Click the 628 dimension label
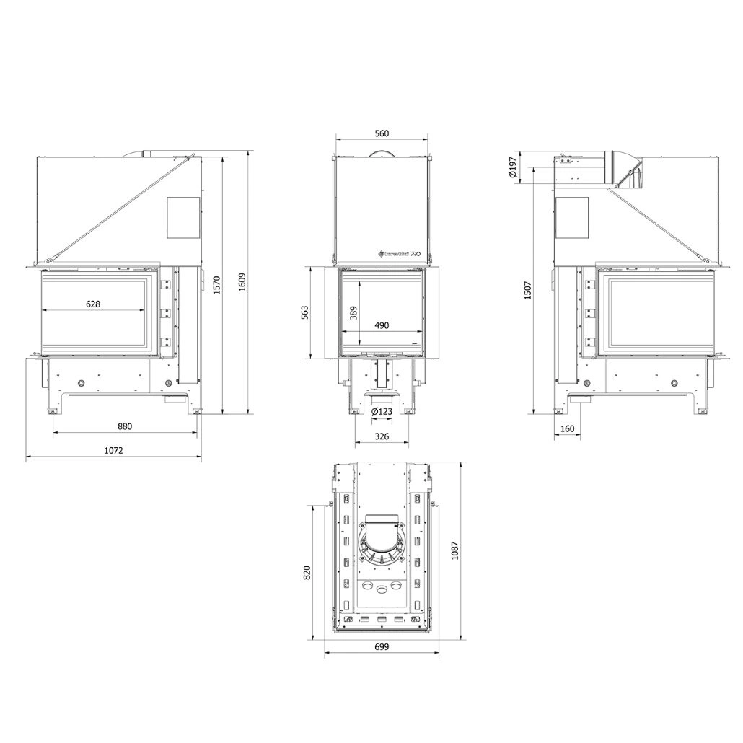tap(93, 304)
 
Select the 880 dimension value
tap(125, 426)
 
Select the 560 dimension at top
tap(382, 133)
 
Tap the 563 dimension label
tap(304, 312)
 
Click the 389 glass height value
tap(353, 312)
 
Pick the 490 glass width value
tap(382, 325)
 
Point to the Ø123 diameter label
tap(382, 412)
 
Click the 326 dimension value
tap(382, 436)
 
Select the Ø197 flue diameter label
tap(511, 167)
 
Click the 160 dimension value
tap(567, 429)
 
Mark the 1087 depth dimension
tap(454, 552)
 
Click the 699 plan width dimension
tap(382, 647)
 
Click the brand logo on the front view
tap(399, 254)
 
